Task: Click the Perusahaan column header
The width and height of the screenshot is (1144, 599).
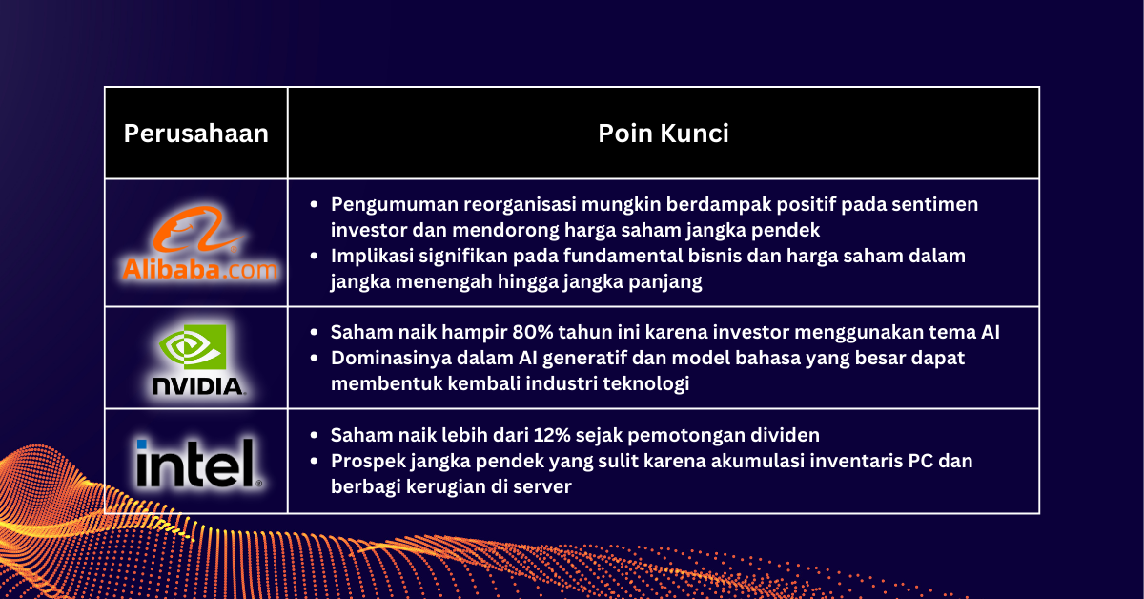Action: (x=195, y=134)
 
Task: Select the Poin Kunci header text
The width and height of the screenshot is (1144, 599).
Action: (x=664, y=134)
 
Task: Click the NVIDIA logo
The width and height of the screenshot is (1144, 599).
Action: (x=197, y=359)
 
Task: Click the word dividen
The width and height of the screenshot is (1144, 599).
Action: (x=786, y=436)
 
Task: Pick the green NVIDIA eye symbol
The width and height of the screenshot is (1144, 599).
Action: (x=197, y=348)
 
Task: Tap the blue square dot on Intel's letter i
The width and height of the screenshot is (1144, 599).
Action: (x=141, y=445)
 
